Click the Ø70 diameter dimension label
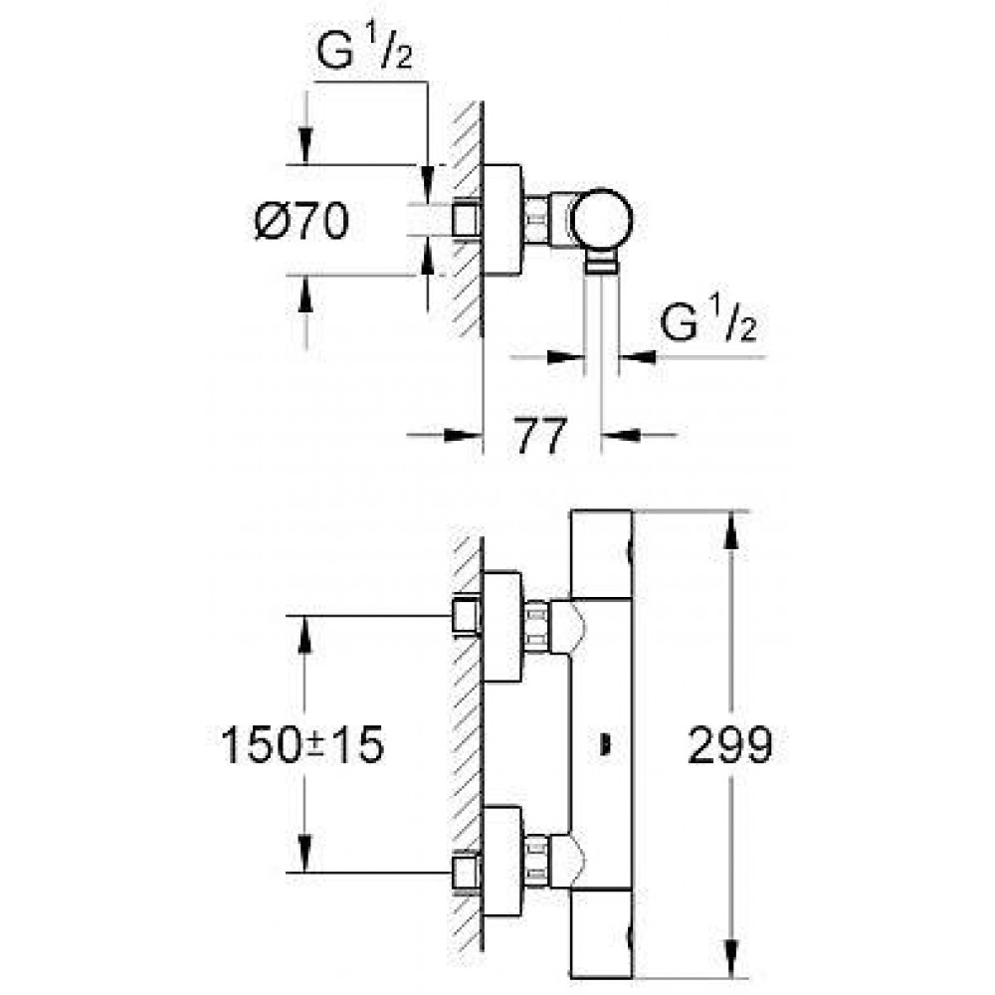[x=301, y=221]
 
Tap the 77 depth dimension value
[x=540, y=436]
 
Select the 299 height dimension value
[x=729, y=744]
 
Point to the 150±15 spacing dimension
[x=302, y=744]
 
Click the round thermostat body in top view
[x=601, y=220]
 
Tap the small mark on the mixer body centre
[x=605, y=745]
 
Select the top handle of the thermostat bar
[x=602, y=553]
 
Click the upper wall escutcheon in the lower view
[x=502, y=626]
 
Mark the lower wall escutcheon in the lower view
[x=502, y=862]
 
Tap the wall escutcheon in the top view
[x=502, y=220]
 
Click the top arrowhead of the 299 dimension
[x=731, y=530]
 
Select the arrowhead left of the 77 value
[x=463, y=436]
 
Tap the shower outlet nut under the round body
[x=600, y=263]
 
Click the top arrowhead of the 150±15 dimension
[x=304, y=636]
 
